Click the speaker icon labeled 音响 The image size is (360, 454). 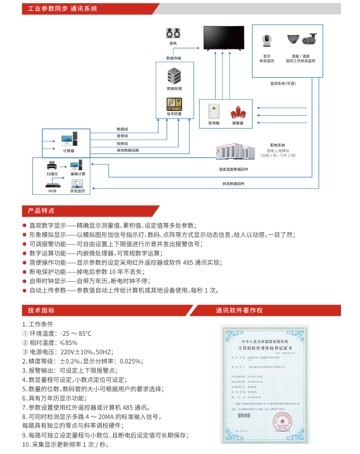point(173,33)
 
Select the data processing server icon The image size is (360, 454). point(174,77)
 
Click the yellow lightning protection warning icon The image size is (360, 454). point(174,104)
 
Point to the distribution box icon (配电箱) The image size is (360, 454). point(213,113)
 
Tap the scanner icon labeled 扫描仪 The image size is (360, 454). point(52,166)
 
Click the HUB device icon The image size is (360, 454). point(52,186)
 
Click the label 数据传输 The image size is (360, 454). point(173,58)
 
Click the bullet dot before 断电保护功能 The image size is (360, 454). point(24,271)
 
